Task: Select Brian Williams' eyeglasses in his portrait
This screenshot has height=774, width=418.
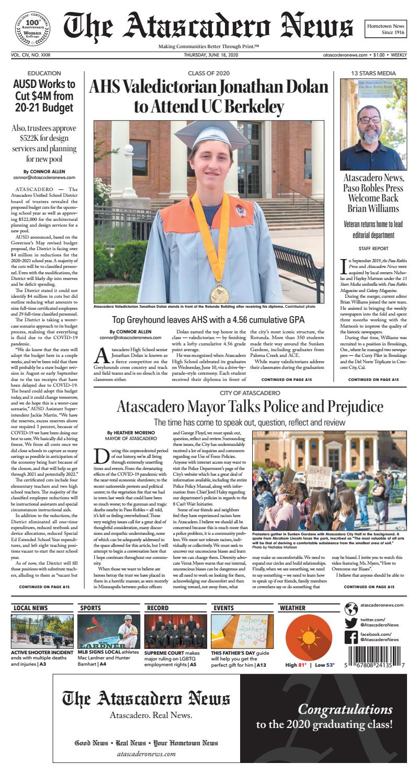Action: (370, 120)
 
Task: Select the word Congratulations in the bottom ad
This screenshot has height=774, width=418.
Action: (345, 709)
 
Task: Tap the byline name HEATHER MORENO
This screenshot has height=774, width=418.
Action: (128, 433)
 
